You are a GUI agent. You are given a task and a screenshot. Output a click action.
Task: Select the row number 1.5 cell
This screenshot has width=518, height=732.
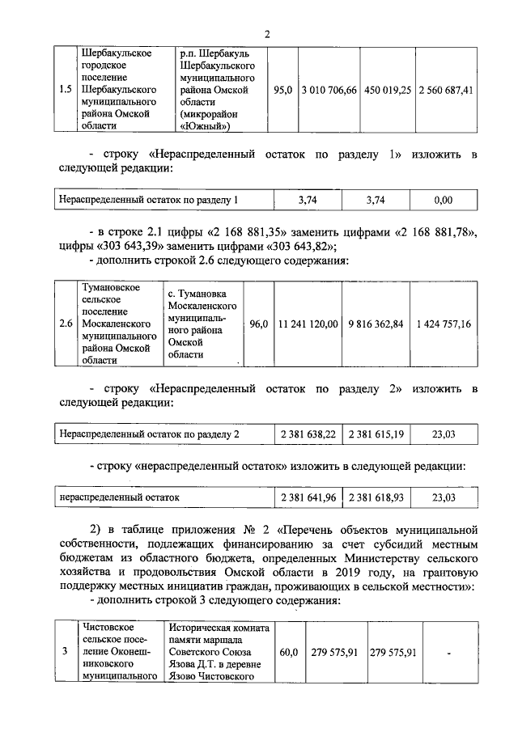(x=67, y=90)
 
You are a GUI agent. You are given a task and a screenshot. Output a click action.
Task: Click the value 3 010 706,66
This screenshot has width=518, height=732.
(x=328, y=90)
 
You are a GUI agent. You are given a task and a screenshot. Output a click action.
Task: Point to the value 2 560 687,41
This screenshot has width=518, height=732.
(x=445, y=90)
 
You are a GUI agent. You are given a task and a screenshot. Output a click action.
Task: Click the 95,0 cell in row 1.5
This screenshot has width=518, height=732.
(x=282, y=90)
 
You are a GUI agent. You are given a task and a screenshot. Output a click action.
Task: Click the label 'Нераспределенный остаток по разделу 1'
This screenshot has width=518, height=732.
(x=150, y=199)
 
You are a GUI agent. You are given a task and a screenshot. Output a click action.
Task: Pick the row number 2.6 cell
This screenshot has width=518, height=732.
(x=67, y=324)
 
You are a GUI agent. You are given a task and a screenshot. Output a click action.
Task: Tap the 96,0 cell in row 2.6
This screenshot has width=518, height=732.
(x=258, y=324)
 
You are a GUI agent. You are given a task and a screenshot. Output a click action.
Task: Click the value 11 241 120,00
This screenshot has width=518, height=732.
(x=308, y=324)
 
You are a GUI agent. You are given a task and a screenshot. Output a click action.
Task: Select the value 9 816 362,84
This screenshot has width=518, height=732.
(x=375, y=324)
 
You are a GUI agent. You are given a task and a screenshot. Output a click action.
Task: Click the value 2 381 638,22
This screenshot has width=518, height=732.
(x=308, y=434)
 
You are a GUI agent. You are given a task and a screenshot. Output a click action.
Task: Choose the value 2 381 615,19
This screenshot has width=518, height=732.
(x=375, y=434)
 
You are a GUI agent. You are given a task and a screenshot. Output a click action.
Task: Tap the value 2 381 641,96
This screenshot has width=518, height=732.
(x=308, y=497)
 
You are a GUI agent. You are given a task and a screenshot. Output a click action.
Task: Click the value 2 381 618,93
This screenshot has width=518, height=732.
(x=375, y=497)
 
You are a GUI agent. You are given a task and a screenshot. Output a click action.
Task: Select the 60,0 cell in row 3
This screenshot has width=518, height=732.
(x=289, y=652)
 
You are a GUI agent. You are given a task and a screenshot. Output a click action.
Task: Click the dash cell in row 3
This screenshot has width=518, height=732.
(x=448, y=652)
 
